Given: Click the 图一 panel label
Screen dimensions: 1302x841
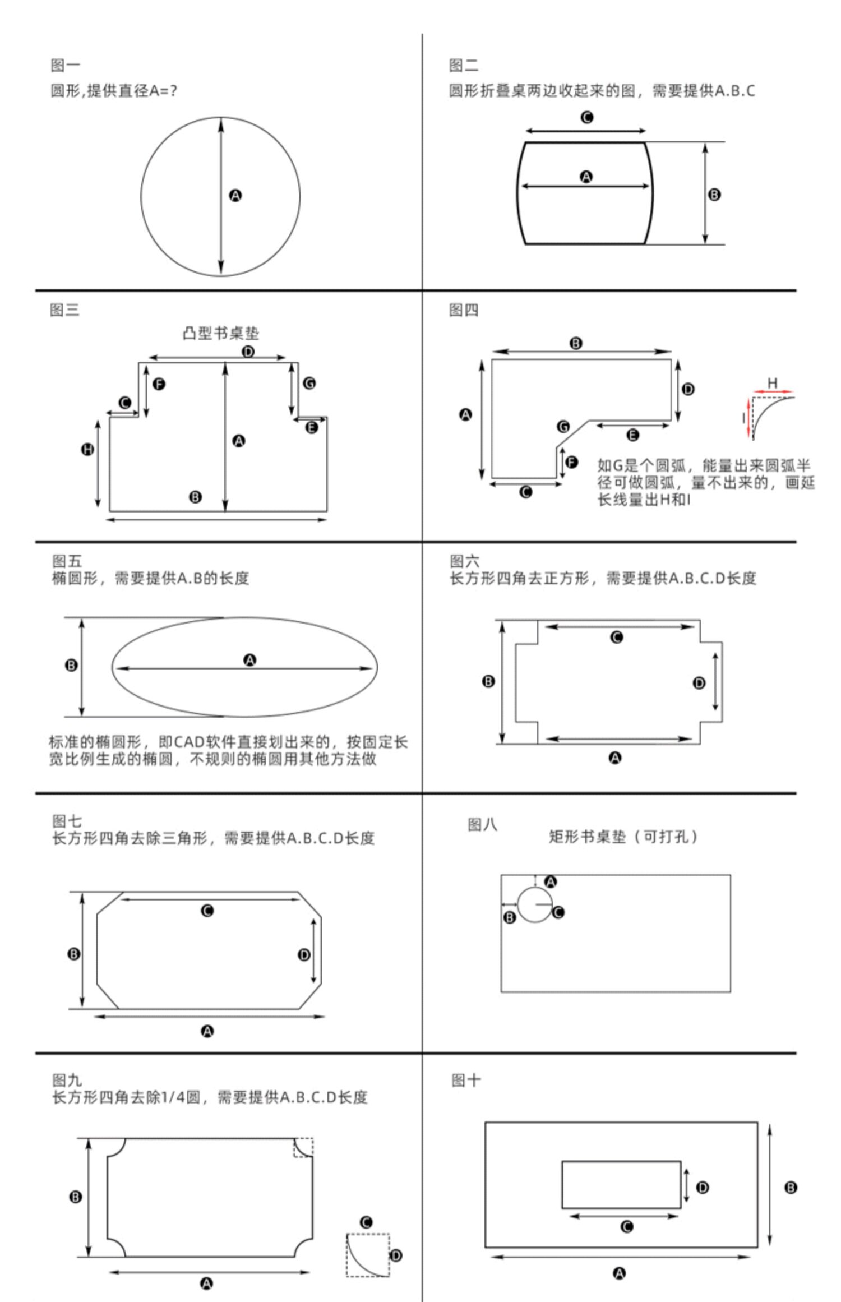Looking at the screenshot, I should tap(65, 66).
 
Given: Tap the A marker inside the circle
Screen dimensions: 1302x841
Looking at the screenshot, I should tap(235, 196).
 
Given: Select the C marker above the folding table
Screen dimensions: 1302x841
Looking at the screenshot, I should tap(587, 117).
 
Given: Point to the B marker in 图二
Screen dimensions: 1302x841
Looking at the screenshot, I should tap(714, 195).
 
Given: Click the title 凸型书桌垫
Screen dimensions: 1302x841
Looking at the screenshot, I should tap(221, 333).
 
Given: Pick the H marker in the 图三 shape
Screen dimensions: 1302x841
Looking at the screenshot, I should tap(88, 449).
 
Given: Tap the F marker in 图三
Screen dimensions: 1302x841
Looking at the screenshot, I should tap(159, 384).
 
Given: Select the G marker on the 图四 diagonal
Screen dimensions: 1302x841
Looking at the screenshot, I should tap(563, 427).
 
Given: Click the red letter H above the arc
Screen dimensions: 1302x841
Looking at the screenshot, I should tap(773, 383).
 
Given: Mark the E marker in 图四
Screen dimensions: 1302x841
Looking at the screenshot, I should tap(632, 435).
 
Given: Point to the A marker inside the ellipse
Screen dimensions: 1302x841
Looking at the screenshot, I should tap(250, 660).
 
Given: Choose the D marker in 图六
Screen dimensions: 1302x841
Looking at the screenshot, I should tap(699, 682).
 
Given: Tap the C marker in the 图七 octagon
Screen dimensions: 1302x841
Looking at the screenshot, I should tap(207, 911).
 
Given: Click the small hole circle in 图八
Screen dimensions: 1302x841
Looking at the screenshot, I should tap(535, 904).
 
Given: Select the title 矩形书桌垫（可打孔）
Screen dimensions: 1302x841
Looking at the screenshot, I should tap(623, 837).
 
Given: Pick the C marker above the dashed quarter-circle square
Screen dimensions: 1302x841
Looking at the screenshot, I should tap(366, 1222).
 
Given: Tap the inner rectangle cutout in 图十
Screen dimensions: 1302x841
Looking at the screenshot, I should tap(621, 1184).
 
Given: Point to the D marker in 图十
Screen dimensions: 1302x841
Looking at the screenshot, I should tap(702, 1187).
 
